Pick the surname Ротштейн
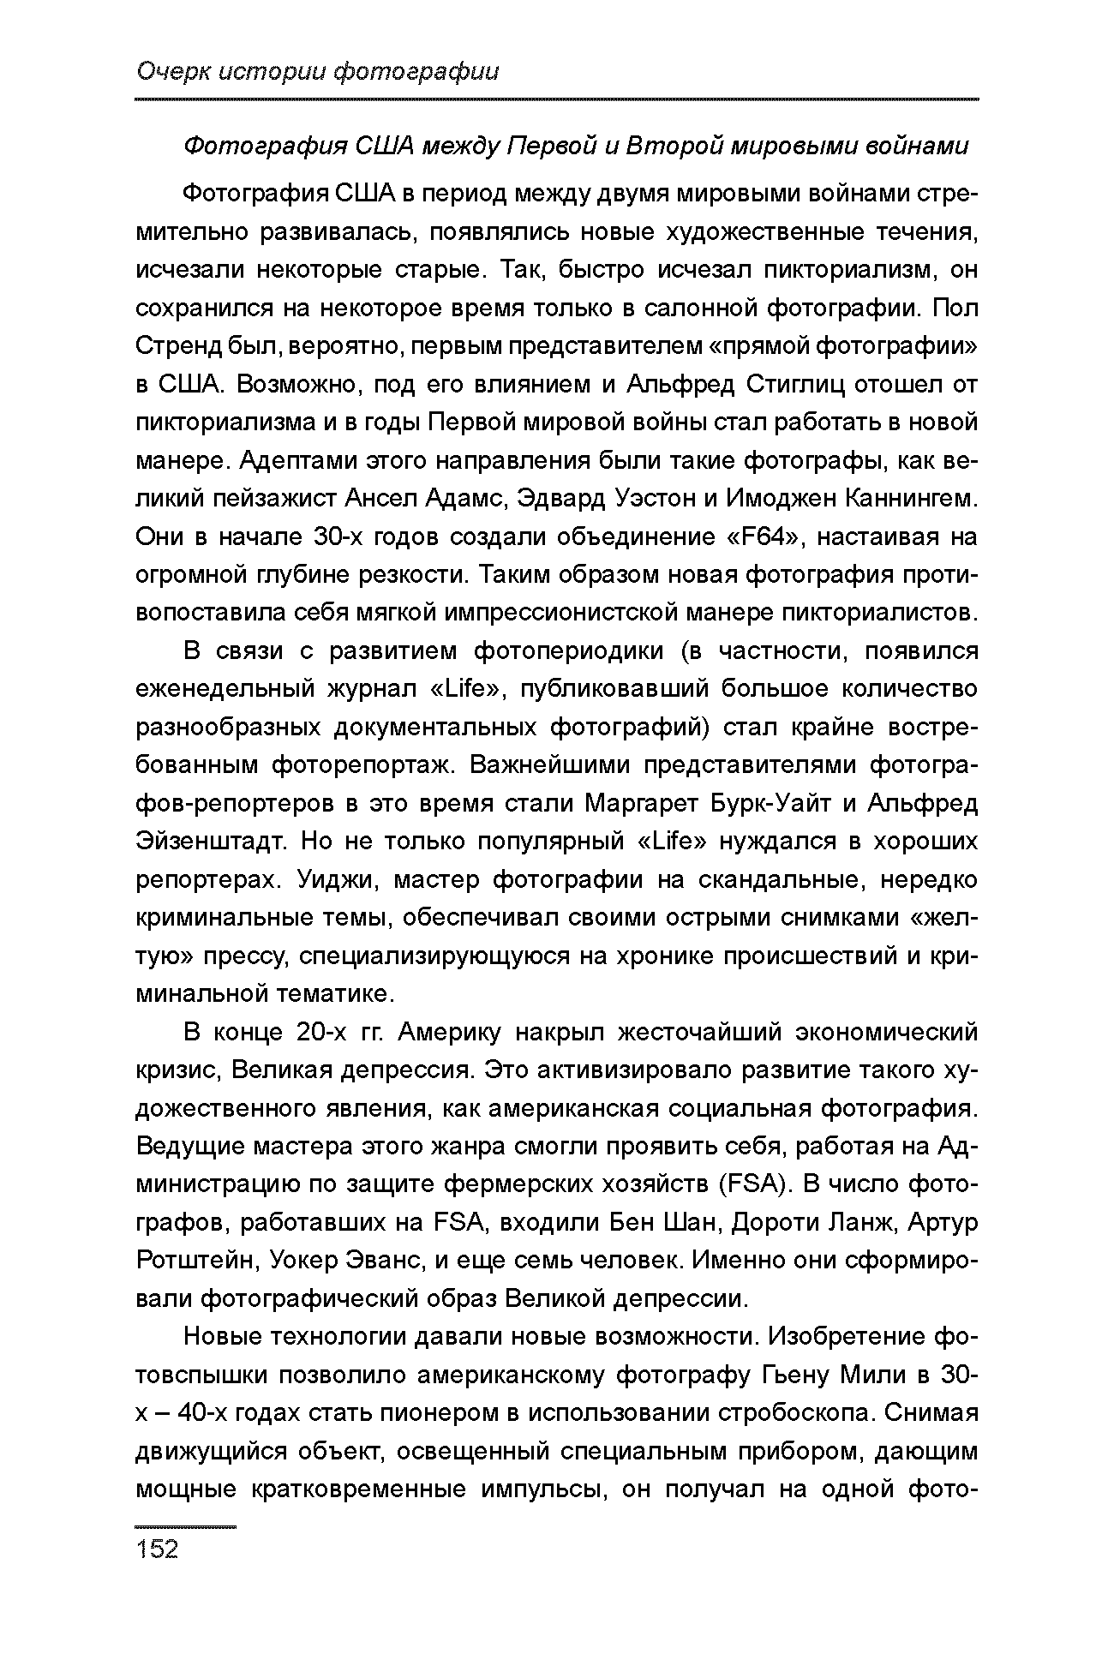(x=195, y=1261)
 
